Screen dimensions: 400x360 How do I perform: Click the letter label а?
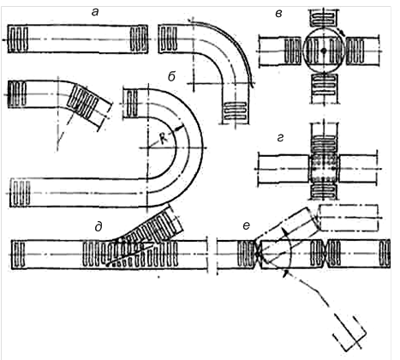tap(95, 13)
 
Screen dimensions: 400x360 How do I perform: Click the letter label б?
tap(171, 76)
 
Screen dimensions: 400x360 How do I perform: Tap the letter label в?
tap(279, 14)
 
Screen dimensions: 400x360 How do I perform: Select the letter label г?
tap(280, 138)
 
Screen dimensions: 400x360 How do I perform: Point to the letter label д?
tap(99, 227)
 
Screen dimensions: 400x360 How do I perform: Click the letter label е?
tap(246, 226)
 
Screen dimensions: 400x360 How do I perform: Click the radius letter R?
tap(164, 139)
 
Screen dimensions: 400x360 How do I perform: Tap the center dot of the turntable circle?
tap(324, 51)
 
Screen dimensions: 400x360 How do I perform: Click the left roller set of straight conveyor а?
tap(18, 39)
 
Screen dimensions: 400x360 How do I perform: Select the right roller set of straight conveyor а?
tap(139, 39)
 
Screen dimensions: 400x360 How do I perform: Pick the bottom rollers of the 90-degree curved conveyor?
tap(236, 111)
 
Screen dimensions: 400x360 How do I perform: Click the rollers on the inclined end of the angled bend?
tap(85, 102)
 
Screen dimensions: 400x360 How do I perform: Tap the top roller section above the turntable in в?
tap(324, 17)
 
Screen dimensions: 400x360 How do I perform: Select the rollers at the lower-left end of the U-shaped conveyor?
tap(20, 193)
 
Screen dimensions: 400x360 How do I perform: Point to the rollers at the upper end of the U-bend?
tap(132, 104)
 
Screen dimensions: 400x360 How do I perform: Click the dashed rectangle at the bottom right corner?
tap(349, 333)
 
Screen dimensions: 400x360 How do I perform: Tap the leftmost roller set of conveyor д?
tap(19, 255)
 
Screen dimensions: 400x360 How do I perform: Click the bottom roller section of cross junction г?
tap(324, 191)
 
